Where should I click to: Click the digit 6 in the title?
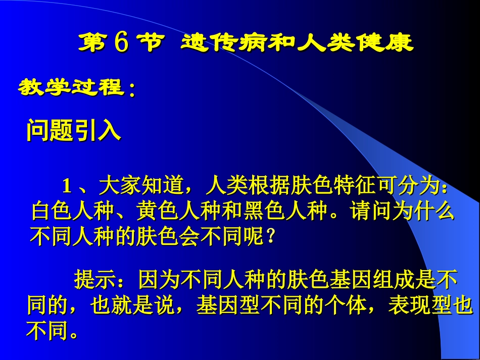coord(121,43)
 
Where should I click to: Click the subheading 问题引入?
coord(73,131)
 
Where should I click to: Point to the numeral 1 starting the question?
coord(67,186)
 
